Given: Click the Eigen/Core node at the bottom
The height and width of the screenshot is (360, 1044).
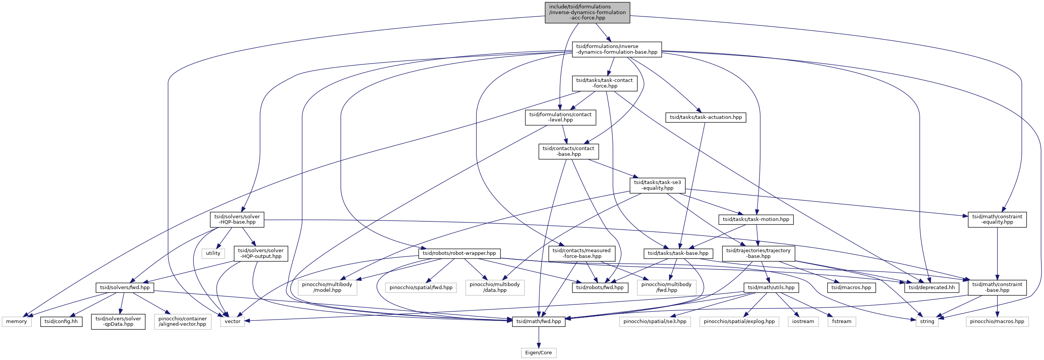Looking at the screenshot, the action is click(x=538, y=353).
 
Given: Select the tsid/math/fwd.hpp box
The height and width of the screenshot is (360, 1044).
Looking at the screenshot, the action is click(x=539, y=322).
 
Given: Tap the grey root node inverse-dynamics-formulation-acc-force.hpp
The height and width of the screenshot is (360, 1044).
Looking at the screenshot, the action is click(x=587, y=13).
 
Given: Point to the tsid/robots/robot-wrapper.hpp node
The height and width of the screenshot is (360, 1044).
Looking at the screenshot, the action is click(x=459, y=253).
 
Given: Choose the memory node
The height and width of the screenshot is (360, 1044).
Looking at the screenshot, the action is click(x=17, y=322).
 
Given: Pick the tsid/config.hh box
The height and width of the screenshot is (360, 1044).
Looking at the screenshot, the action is click(x=61, y=322).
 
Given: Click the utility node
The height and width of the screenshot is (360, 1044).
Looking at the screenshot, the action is click(x=213, y=253).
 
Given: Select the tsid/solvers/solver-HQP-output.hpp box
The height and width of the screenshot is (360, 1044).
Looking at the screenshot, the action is click(x=261, y=253).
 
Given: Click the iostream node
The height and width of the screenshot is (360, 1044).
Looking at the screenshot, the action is click(x=803, y=322).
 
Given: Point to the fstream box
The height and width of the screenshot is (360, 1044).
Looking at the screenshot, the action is click(x=842, y=322).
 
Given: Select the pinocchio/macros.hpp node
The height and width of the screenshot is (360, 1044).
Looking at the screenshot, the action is click(x=997, y=322).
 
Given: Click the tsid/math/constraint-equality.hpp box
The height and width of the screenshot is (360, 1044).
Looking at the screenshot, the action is click(x=997, y=219).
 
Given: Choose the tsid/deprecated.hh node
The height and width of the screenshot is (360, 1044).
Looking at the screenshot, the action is click(x=932, y=288).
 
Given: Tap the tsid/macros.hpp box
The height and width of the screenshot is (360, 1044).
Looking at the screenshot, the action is click(x=851, y=288).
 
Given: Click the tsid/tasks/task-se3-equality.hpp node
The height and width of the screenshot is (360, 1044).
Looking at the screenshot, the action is click(x=657, y=185).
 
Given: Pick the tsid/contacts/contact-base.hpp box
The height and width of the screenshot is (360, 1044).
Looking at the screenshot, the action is click(x=569, y=151).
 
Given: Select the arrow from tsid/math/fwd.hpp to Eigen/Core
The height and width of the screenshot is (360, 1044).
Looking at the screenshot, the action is click(x=539, y=337).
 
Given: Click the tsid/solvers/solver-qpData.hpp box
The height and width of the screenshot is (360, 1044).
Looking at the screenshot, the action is click(x=118, y=322).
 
